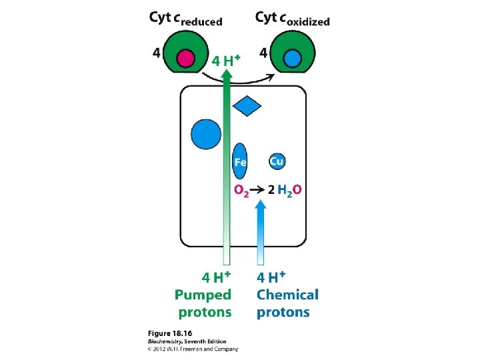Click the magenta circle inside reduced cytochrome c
(x=186, y=58)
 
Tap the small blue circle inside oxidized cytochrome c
(x=292, y=58)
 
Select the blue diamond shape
(x=248, y=105)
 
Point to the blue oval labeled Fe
(x=240, y=161)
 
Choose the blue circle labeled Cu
(x=277, y=161)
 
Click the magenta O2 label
(x=242, y=190)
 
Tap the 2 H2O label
(x=285, y=190)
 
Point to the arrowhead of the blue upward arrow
(x=261, y=207)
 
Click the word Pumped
(x=203, y=295)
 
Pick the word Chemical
(x=288, y=295)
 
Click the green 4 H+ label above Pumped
(x=217, y=277)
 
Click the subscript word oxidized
(x=303, y=21)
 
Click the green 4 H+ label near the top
(x=226, y=60)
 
